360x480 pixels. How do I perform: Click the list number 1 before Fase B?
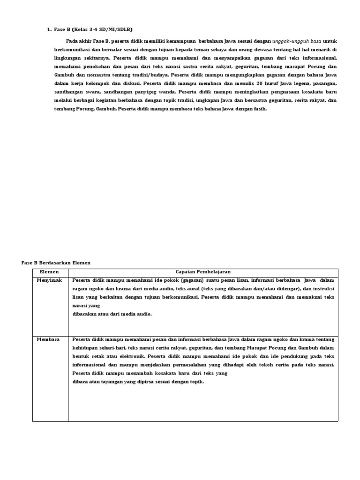49,29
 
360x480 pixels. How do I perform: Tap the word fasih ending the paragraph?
259,109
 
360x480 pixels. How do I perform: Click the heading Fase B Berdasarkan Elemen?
56,263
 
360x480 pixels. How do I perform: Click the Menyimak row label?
49,280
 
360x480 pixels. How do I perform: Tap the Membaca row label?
48,339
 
